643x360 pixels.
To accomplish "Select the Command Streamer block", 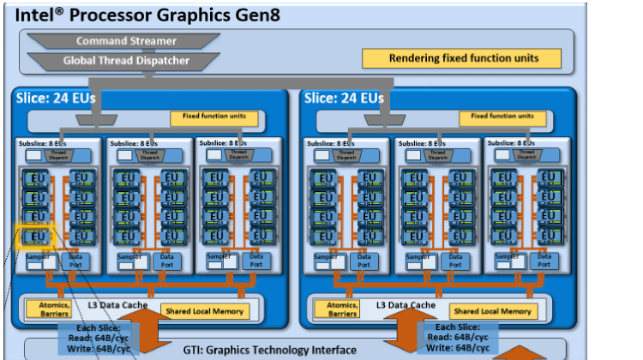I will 126,41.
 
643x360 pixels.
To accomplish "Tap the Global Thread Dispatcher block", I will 126,61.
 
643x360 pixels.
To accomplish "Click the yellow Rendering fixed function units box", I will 462,58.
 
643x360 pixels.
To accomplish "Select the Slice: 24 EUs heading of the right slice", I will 344,98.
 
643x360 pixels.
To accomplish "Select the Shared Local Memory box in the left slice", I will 204,310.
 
